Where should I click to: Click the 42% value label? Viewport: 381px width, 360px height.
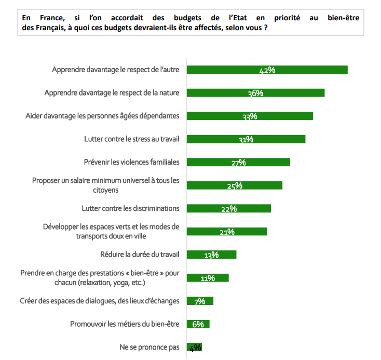point(267,71)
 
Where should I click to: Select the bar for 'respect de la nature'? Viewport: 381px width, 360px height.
point(255,93)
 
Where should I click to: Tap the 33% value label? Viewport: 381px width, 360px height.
point(250,116)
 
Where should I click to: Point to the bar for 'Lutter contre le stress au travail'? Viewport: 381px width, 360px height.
point(246,139)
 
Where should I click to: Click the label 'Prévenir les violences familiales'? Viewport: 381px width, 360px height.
point(131,162)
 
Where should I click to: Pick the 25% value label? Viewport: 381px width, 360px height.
point(235,186)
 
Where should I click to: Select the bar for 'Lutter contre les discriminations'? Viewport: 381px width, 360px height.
point(228,208)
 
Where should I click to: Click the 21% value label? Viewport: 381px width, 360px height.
point(227,232)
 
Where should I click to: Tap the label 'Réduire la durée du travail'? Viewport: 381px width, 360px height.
point(140,255)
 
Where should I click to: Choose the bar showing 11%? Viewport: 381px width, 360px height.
point(207,278)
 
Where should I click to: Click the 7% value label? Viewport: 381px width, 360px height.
point(199,301)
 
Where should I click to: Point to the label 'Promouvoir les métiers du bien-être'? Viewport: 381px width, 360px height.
point(125,324)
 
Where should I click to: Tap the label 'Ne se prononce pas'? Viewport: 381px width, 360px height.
point(149,347)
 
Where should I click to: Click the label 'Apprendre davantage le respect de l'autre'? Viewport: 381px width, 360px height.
point(115,70)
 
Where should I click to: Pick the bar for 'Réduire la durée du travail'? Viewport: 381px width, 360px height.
point(211,255)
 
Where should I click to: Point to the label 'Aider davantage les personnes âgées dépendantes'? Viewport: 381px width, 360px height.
point(102,116)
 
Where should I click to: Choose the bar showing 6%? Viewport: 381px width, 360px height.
point(198,324)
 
